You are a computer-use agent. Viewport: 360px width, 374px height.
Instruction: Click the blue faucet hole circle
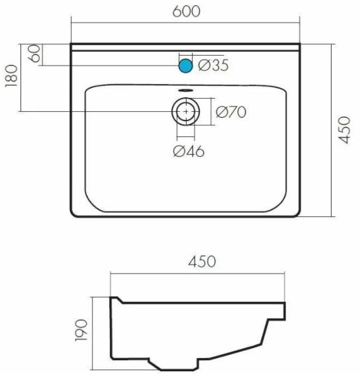pyautogui.click(x=185, y=66)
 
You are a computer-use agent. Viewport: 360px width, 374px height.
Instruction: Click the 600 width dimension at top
pyautogui.click(x=186, y=11)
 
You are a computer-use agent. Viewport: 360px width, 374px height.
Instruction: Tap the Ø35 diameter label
pyautogui.click(x=213, y=65)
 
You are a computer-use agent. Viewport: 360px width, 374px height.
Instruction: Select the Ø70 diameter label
pyautogui.click(x=231, y=112)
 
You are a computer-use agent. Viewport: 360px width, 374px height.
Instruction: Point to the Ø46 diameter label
pyautogui.click(x=189, y=151)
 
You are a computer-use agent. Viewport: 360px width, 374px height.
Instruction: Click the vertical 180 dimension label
pyautogui.click(x=11, y=76)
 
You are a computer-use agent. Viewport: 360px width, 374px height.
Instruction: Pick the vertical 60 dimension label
pyautogui.click(x=34, y=54)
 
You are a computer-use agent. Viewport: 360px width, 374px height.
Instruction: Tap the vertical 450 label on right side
pyautogui.click(x=345, y=130)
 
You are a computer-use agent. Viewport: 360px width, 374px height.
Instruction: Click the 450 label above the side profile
pyautogui.click(x=202, y=261)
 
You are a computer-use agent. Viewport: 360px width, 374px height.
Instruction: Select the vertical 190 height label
pyautogui.click(x=81, y=330)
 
